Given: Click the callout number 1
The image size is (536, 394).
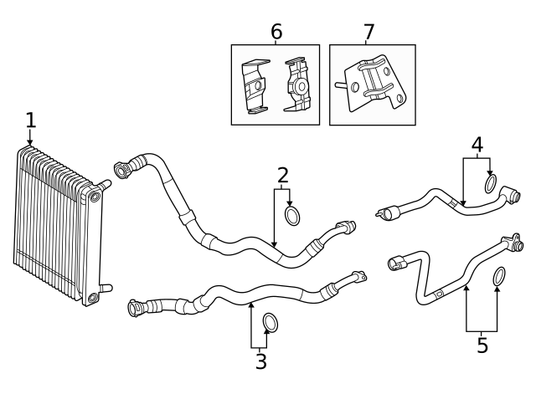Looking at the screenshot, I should coord(31,120).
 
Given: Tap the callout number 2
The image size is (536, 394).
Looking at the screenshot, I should coord(283,176).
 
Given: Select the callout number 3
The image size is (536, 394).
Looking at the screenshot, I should coord(260,361).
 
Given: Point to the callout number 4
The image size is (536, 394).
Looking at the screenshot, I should coord(477,145).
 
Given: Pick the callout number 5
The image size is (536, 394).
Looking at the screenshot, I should coord(482,344).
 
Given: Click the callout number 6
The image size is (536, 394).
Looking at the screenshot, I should coord(276,33).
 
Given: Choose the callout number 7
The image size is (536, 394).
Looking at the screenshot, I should coord(368,33).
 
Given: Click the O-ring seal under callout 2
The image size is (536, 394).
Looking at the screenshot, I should coord(293,217).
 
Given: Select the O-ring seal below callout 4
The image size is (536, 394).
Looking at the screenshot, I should coord(492,182).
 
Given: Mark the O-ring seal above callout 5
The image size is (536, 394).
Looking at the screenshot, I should coord(498,276).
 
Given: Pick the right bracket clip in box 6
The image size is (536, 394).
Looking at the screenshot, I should coord(296,84).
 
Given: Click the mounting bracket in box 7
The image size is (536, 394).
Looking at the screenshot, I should coord(373,84).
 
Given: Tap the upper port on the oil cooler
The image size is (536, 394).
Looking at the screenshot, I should coord(95,196).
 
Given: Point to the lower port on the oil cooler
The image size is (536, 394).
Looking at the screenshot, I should coord(94,295).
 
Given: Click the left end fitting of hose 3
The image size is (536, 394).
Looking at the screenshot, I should coord(135,306).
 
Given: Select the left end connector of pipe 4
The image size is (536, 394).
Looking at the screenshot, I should coord(386,212).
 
